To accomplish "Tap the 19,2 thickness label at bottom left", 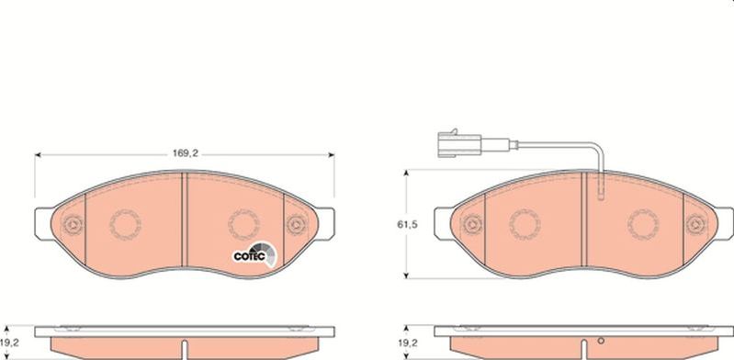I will (9, 339).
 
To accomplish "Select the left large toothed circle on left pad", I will (124, 222).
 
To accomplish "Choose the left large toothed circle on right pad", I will (525, 222).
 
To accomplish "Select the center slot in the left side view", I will (185, 348).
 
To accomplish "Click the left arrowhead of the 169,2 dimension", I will (38, 155).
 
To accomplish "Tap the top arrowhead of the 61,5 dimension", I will (407, 173).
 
